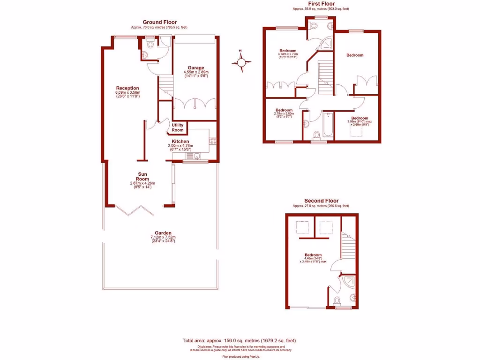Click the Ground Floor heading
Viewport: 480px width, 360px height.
[159, 22]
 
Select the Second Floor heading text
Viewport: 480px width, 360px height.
[321, 200]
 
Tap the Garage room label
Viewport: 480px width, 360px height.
[196, 68]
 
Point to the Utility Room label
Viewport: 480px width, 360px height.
[178, 127]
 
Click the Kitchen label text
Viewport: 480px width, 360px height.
[180, 141]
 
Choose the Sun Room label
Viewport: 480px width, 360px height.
[142, 176]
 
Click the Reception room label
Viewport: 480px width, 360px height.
[127, 88]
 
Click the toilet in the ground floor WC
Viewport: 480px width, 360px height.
[150, 45]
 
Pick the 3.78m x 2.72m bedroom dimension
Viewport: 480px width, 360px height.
[288, 55]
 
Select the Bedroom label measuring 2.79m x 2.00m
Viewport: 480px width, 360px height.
[284, 110]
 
